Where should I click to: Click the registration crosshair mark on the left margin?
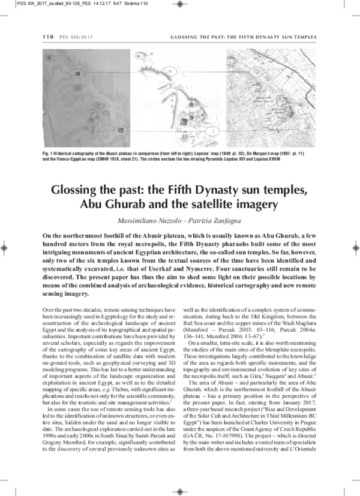pos(5,247)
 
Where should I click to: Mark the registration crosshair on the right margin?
pos(355,247)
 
